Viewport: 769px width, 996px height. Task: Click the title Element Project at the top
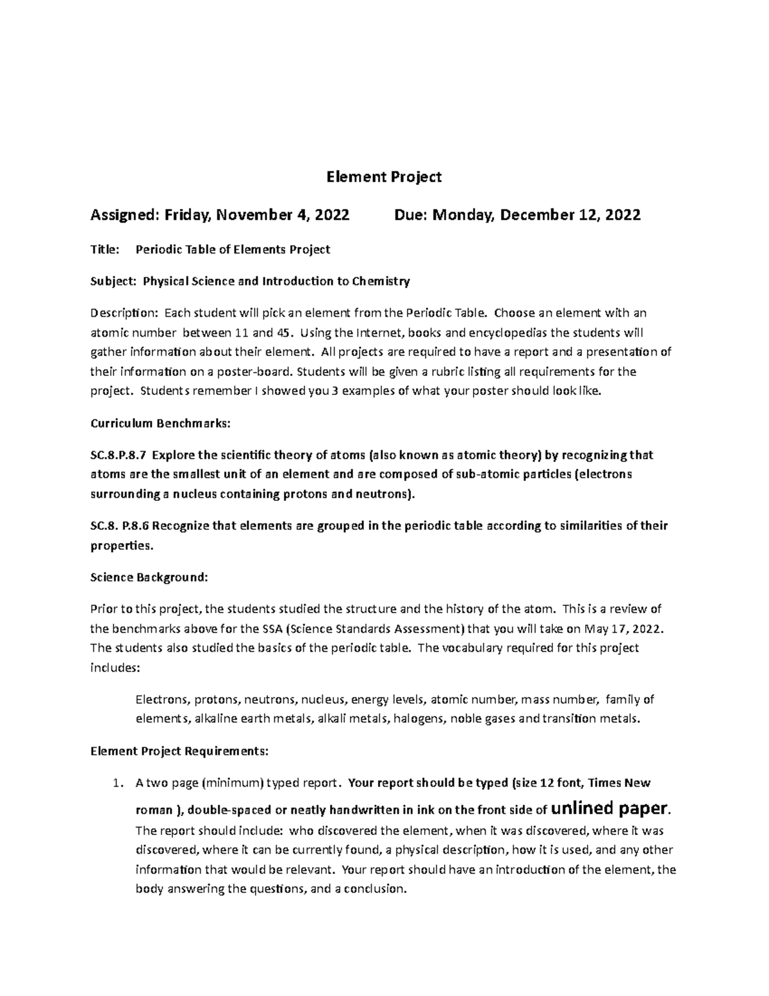[x=384, y=177]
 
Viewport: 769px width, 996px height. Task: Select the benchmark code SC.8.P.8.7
[x=119, y=455]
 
